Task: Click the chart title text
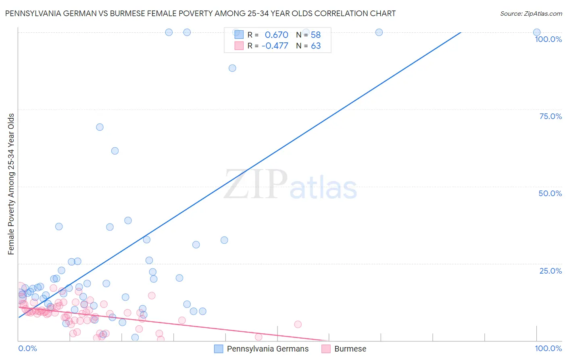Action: pos(200,13)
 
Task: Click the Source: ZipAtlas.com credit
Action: pos(531,13)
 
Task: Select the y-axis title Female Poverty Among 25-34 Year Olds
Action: pos(11,184)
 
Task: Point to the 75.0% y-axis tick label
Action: pos(550,116)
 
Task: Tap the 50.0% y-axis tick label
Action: pos(550,193)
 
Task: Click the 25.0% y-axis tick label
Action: pos(550,271)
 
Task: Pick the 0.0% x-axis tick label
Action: pos(27,348)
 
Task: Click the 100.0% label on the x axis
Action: pos(548,348)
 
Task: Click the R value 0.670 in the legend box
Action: pos(276,35)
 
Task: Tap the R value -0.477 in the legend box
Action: pos(275,46)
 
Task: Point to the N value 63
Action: pos(316,46)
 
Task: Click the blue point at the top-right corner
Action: pos(537,32)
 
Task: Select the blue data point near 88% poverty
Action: pos(232,68)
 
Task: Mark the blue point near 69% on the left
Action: pos(100,127)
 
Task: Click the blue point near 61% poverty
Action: pos(115,151)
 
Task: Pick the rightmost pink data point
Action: pos(298,324)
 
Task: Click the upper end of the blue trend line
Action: pos(461,32)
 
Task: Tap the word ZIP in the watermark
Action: pos(256,184)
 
